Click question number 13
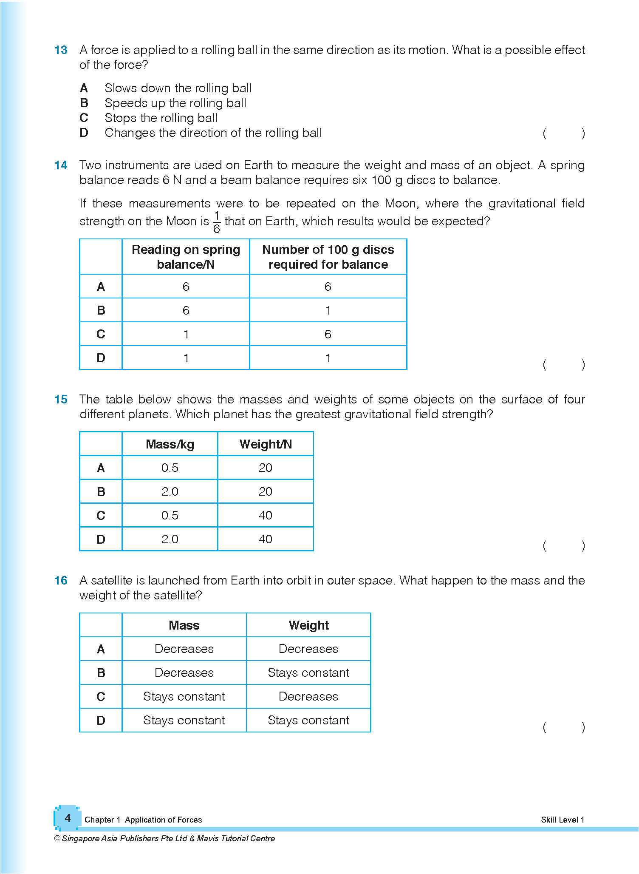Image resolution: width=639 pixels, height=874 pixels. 61,50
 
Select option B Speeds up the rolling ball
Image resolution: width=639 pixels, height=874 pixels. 175,103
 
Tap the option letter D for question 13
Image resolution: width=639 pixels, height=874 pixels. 84,133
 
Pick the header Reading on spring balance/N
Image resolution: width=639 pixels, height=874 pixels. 186,257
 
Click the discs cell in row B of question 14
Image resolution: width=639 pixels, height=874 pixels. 328,310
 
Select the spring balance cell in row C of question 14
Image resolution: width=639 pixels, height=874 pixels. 186,334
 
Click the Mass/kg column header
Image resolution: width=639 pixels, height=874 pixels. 170,444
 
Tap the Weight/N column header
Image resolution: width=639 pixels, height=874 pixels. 266,444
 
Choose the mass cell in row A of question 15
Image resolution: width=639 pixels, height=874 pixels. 170,468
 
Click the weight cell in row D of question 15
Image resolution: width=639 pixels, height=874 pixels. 266,539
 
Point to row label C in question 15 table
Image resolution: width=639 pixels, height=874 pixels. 101,516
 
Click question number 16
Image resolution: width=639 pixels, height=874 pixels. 61,581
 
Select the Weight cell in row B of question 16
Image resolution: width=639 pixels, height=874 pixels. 308,673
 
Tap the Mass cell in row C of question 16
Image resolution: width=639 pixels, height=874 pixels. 184,697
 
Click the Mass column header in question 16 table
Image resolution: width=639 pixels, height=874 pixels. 184,625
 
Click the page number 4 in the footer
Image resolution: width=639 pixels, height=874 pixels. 68,818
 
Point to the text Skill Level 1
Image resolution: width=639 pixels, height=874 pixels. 563,820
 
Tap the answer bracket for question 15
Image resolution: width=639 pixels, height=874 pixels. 563,546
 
